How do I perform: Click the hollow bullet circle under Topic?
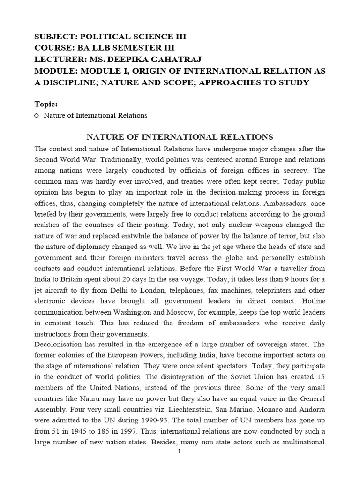point(37,115)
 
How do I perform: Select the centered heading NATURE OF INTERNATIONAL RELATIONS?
point(180,137)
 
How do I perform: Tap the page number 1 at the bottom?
point(180,451)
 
